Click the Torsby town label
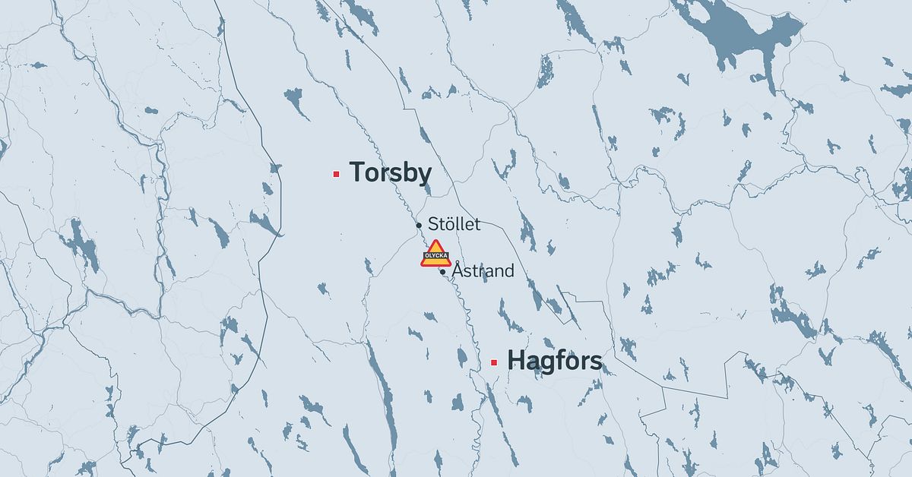[x=390, y=173]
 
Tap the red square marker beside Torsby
[x=336, y=174]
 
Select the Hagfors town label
[x=554, y=361]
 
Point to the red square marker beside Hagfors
[x=494, y=362]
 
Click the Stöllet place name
[x=454, y=224]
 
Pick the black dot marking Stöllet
[x=419, y=226]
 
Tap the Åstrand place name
[x=483, y=270]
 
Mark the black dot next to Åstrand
[x=442, y=271]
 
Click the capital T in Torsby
[x=357, y=172]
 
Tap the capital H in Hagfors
[x=515, y=361]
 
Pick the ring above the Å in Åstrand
[x=457, y=262]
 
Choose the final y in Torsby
[x=424, y=175]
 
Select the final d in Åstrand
[x=509, y=270]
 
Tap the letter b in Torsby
[x=409, y=172]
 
